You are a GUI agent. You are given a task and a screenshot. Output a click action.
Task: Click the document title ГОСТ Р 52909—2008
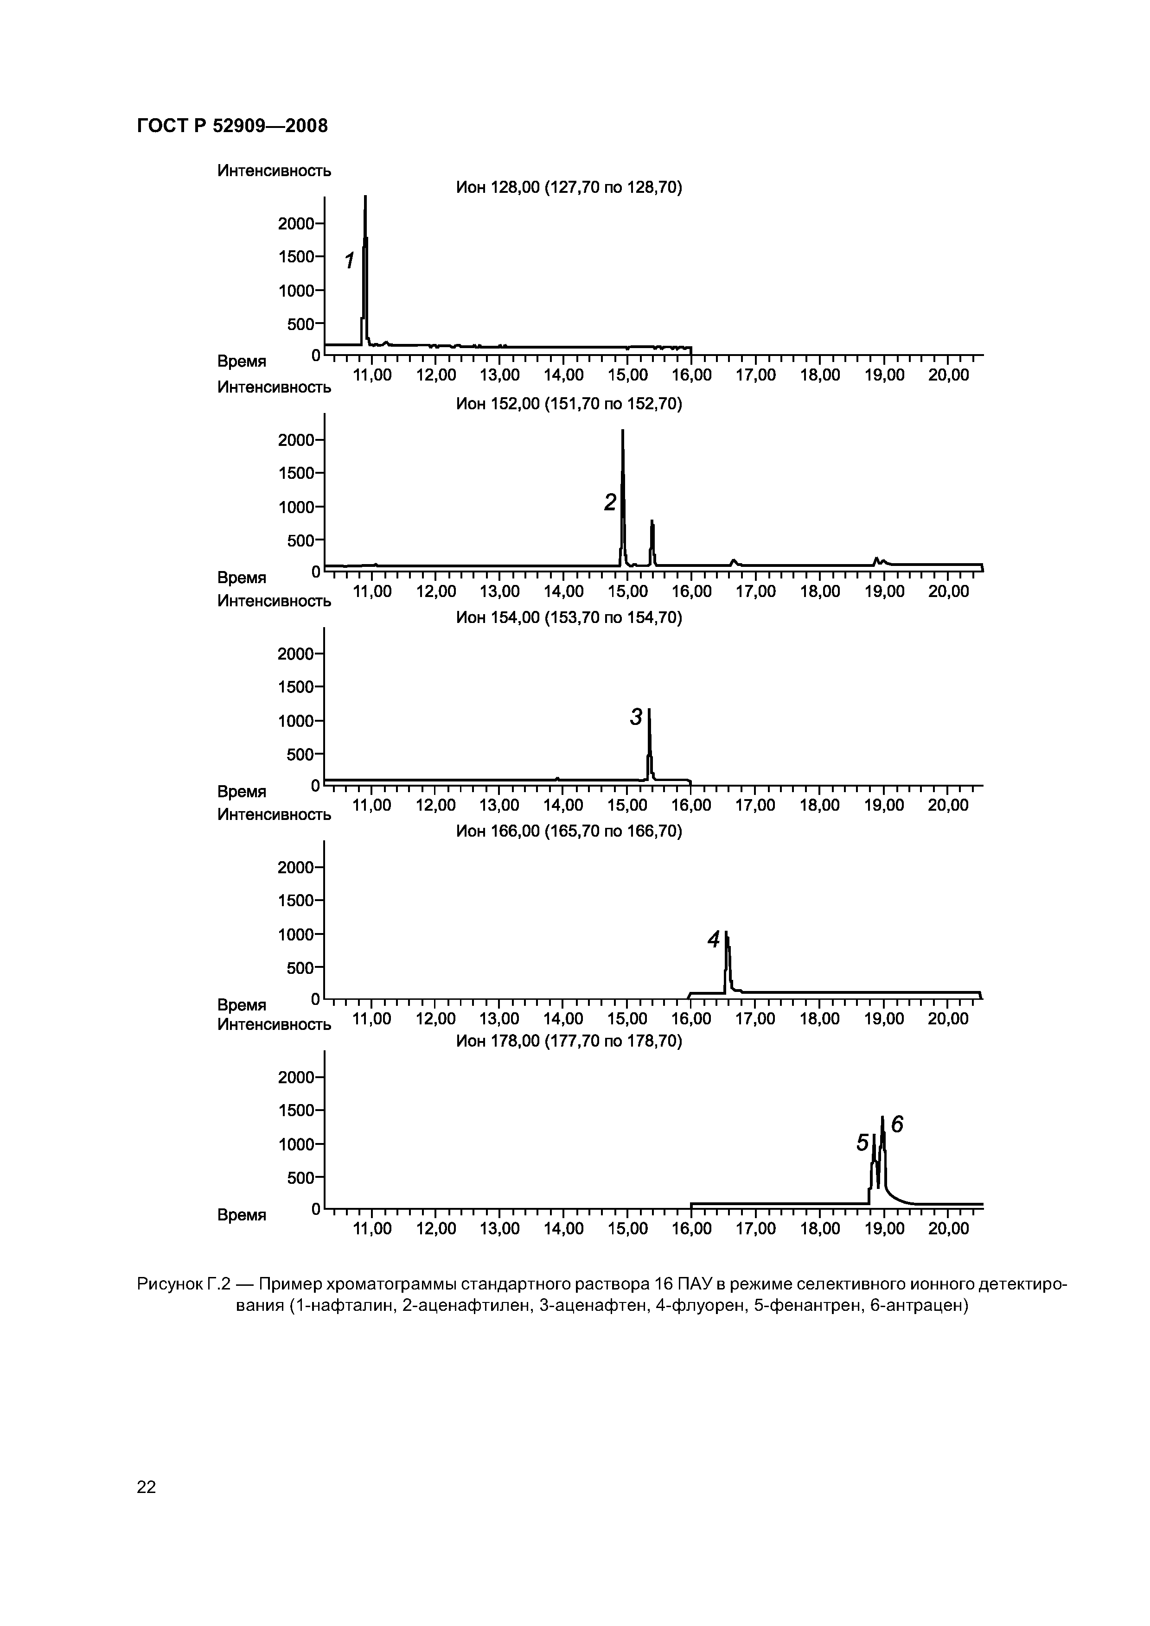click(232, 126)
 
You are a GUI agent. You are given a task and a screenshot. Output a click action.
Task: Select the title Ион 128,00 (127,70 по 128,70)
click(568, 188)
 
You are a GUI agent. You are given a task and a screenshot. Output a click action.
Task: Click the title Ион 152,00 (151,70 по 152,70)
click(568, 404)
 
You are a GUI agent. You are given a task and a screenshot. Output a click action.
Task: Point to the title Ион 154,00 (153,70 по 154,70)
click(568, 618)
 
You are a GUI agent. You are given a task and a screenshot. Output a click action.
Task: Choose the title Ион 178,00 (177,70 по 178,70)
click(568, 1041)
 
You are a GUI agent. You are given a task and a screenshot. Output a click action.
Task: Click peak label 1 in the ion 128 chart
click(349, 261)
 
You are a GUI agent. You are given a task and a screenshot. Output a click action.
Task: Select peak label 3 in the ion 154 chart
click(636, 718)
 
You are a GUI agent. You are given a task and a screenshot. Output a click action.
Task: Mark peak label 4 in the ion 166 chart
click(714, 940)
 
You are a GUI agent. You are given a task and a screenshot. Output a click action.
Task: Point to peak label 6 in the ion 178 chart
click(897, 1124)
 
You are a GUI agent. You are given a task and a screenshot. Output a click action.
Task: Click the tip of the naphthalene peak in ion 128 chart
click(365, 197)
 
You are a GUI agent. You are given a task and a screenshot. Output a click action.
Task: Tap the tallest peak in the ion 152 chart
click(623, 431)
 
